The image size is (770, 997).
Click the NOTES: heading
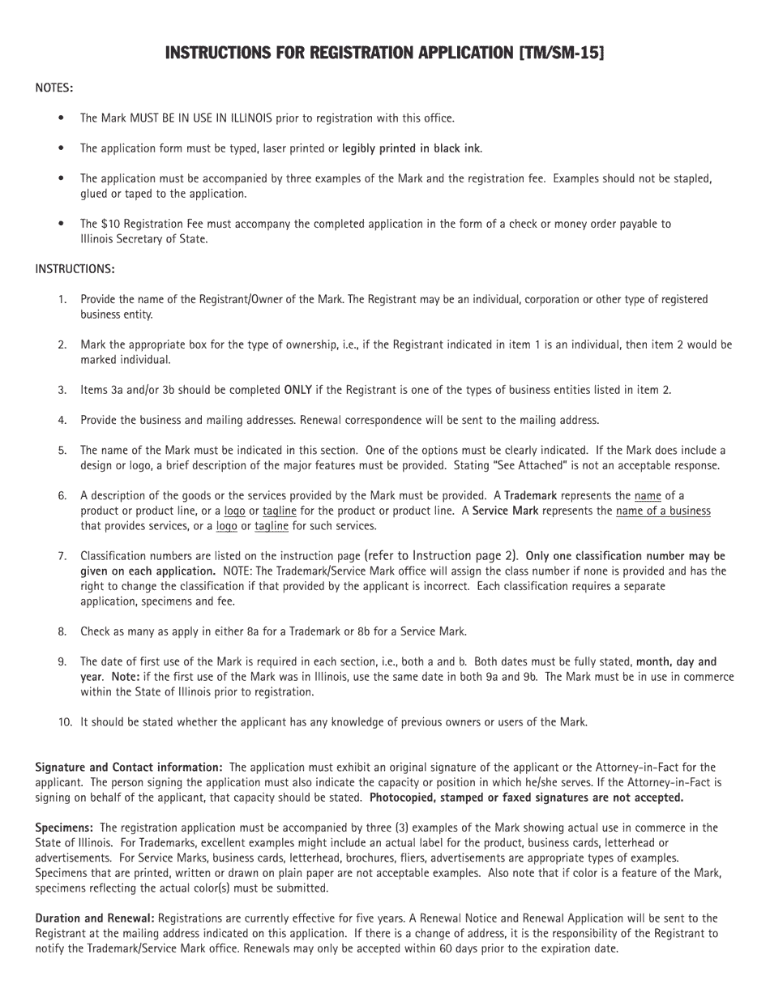coord(54,88)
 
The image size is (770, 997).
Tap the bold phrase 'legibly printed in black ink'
coord(411,148)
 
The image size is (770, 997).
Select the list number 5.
coord(62,450)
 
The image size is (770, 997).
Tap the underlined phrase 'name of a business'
coord(663,511)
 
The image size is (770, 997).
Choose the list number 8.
coord(62,631)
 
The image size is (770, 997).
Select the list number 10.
coord(65,722)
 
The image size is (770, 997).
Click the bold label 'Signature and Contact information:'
coord(129,768)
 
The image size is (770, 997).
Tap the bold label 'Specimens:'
coord(64,828)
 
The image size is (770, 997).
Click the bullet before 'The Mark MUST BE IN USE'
coord(62,118)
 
